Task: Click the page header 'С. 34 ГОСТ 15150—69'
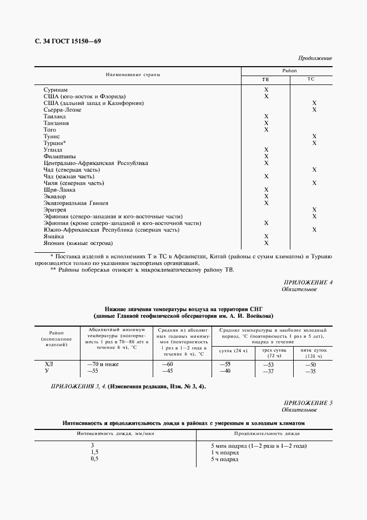(67, 42)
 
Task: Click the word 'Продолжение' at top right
(315, 58)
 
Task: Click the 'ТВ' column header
(265, 80)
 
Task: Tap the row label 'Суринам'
(56, 89)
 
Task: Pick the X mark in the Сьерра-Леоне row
(314, 109)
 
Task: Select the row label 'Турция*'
(55, 143)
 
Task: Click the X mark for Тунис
(314, 136)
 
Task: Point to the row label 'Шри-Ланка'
(59, 189)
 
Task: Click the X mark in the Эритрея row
(314, 209)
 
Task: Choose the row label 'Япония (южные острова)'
(78, 243)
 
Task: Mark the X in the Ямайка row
(266, 236)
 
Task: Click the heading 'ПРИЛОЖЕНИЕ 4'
(308, 283)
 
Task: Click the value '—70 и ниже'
(103, 364)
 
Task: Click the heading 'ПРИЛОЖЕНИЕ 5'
(308, 402)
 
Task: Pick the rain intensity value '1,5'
(94, 453)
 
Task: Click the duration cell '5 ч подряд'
(224, 459)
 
